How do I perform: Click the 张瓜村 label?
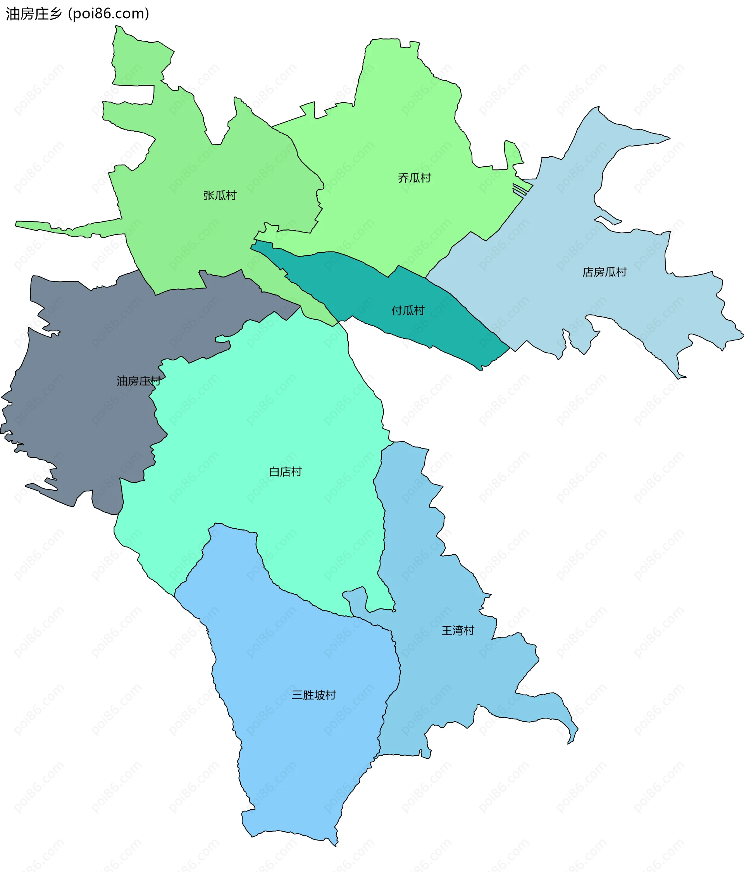[x=220, y=195]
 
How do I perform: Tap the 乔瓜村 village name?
[x=414, y=178]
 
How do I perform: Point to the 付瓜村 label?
[x=408, y=310]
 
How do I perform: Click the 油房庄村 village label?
[x=138, y=381]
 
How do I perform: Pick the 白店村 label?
[x=285, y=472]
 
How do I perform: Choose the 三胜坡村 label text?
[x=313, y=695]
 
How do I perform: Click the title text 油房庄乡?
[x=34, y=14]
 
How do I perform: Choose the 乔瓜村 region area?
[x=400, y=126]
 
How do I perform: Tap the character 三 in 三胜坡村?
[x=297, y=695]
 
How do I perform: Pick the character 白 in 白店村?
[x=274, y=472]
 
